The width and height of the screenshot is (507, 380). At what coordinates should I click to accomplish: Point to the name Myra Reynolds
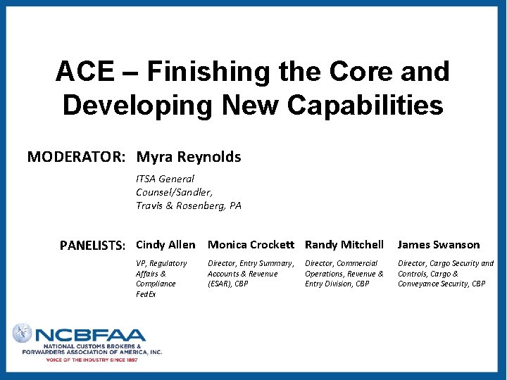189,157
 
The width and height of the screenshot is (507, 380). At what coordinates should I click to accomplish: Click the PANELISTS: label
93,246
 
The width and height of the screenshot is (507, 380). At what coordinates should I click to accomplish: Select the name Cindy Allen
165,245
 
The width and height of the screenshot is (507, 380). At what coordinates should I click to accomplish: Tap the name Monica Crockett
251,245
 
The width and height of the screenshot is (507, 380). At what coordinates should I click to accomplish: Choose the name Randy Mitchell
344,245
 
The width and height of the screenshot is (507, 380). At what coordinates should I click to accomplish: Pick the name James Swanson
439,245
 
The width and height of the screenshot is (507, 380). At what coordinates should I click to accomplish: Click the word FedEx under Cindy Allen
146,294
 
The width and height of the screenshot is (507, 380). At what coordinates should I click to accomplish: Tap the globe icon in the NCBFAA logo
22,333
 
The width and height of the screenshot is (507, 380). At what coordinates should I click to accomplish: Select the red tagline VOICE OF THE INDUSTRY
92,360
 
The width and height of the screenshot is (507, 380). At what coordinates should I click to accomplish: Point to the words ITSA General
165,179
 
